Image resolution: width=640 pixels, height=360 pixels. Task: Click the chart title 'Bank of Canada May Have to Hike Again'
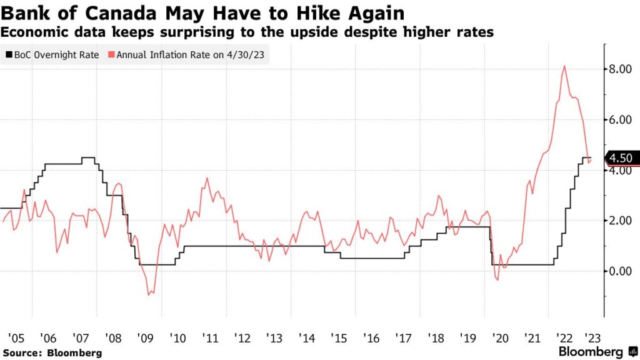click(202, 13)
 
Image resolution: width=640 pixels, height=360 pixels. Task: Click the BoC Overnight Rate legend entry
click(52, 54)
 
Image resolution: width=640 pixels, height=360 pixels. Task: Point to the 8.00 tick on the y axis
click(621, 69)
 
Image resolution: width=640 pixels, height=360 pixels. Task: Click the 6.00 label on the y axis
click(621, 120)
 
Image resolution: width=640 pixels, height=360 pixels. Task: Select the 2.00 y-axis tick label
click(621, 221)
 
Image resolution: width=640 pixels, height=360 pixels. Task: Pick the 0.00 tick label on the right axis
click(621, 271)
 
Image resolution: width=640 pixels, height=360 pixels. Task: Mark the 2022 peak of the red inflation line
click(564, 66)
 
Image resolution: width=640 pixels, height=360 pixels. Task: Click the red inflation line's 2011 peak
click(207, 178)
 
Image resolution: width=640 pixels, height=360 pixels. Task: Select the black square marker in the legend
click(9, 54)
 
